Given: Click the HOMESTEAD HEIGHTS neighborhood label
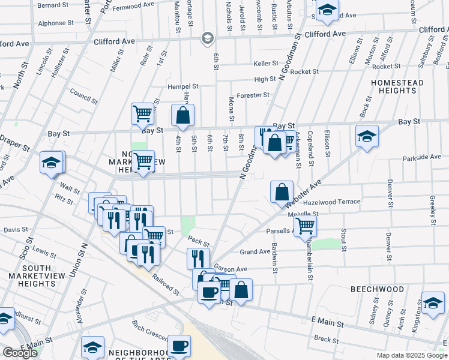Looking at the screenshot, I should (397, 86).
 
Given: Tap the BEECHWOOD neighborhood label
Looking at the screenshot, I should (378, 289).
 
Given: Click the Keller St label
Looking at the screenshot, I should (266, 63).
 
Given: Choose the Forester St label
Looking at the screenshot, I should (253, 95).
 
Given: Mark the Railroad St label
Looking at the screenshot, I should (166, 286).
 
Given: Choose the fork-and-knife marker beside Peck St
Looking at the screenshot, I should (197, 259).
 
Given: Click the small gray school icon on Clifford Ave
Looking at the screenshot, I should (208, 38).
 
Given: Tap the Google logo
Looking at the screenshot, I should (20, 353).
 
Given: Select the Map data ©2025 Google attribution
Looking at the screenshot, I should (411, 355).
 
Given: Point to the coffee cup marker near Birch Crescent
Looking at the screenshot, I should (179, 346).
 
